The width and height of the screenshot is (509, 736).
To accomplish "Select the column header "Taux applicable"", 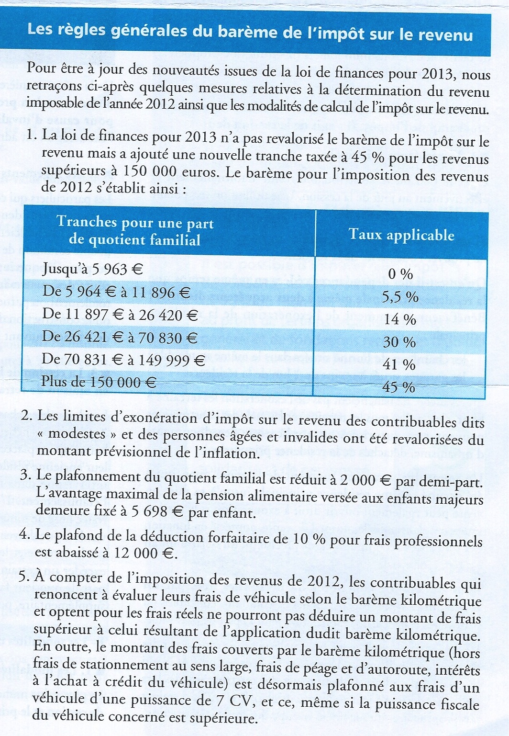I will (401, 235).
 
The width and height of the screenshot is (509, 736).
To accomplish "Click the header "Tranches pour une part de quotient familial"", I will (135, 231).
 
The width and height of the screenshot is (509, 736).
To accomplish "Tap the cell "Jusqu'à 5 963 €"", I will (93, 269).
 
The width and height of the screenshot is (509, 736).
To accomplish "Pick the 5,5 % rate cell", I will (400, 297).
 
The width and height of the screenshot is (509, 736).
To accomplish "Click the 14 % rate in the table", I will (400, 319).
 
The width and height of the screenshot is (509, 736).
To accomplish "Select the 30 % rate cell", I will (399, 342).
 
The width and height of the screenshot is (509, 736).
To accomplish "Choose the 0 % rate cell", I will (400, 274).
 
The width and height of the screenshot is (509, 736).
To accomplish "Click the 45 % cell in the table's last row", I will (399, 387).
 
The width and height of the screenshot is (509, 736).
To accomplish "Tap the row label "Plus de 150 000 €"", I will (99, 382).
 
